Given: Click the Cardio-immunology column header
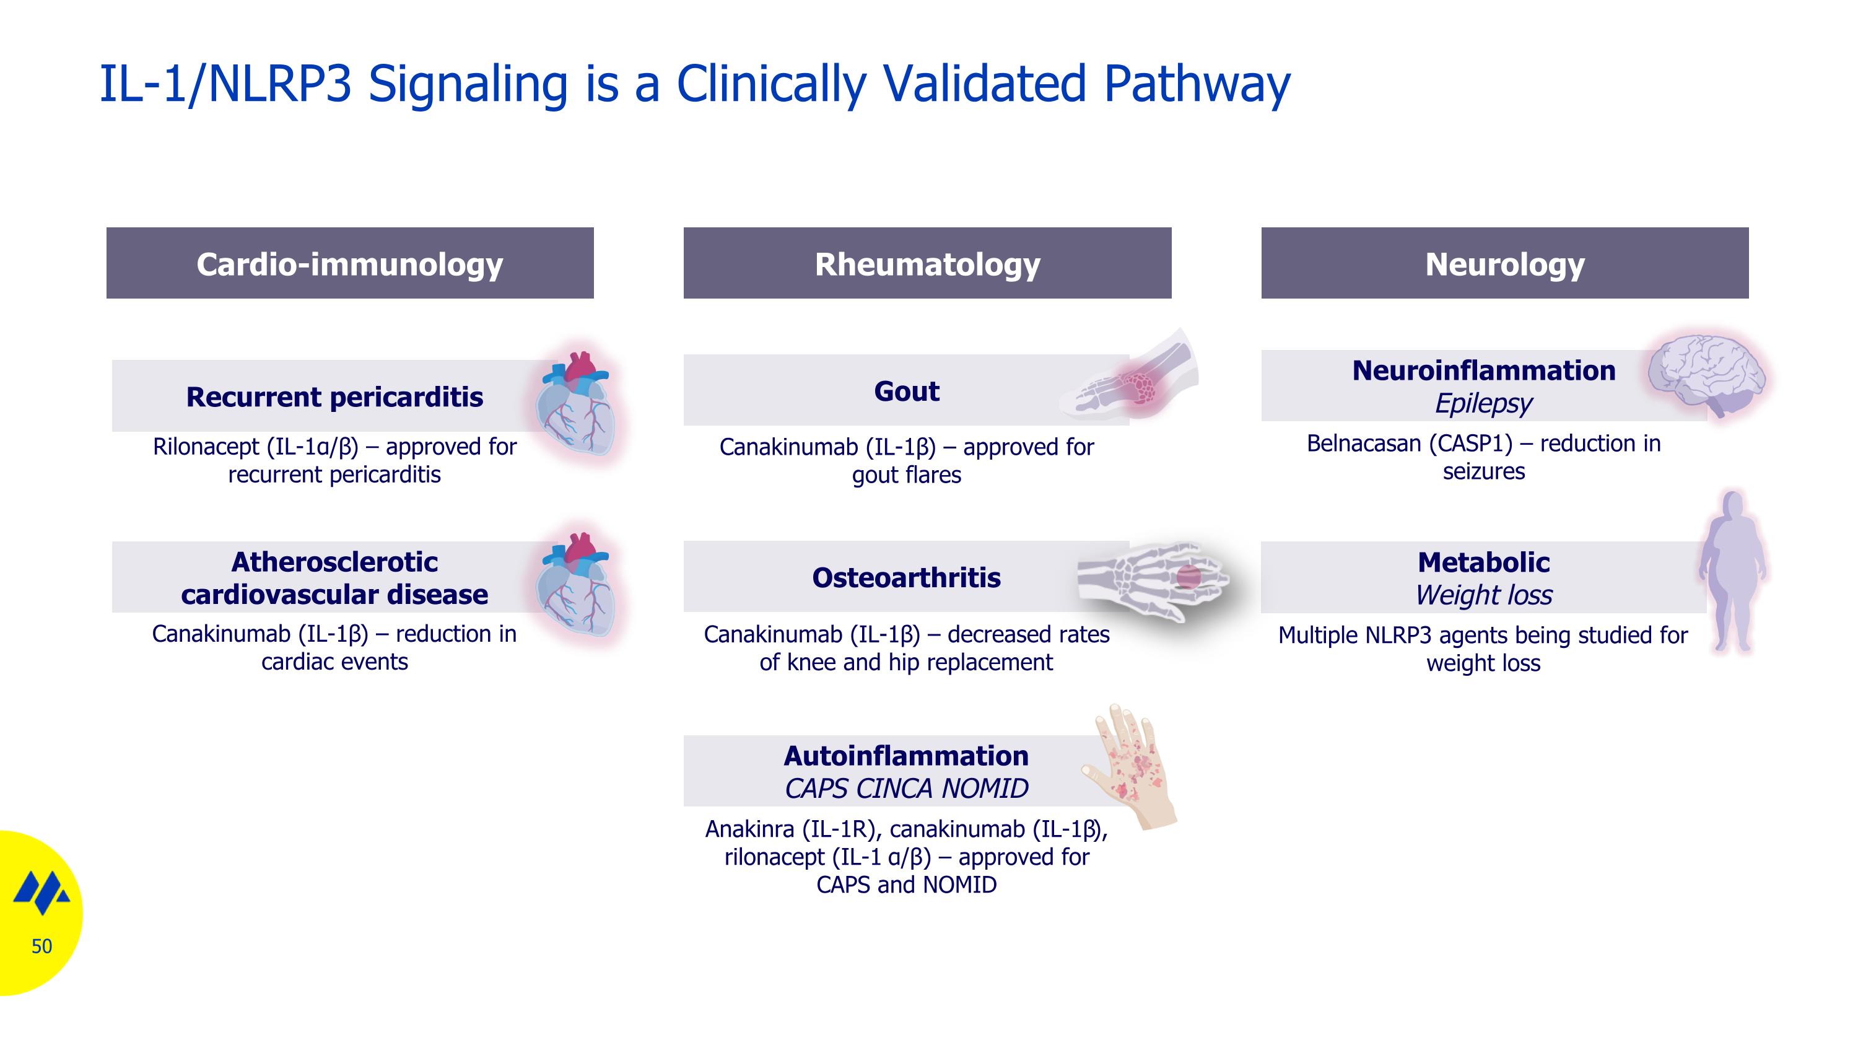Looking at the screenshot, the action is click(x=350, y=263).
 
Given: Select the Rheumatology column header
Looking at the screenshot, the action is click(x=928, y=263).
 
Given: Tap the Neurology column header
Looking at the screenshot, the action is click(x=1504, y=263).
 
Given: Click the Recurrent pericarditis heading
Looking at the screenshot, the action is click(x=334, y=396).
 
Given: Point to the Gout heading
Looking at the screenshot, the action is click(x=907, y=391).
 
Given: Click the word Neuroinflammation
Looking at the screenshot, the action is click(x=1484, y=370).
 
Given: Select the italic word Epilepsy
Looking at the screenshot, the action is click(x=1484, y=403).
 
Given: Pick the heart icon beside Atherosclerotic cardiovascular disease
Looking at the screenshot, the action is click(x=577, y=584).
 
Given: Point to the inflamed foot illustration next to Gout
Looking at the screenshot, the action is click(x=1130, y=375).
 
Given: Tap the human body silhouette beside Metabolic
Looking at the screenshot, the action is click(x=1732, y=571).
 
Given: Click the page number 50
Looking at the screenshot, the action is click(x=42, y=946).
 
